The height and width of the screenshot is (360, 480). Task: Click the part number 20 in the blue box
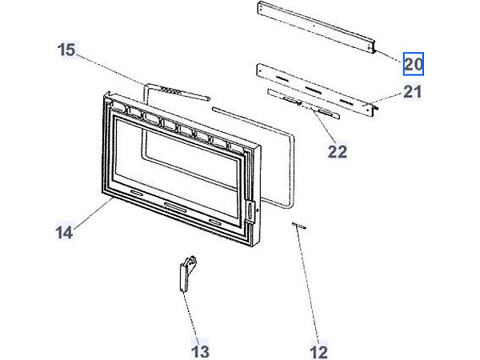413,63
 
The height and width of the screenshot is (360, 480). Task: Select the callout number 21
411,92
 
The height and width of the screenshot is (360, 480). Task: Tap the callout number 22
338,151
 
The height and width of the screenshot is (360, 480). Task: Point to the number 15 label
66,50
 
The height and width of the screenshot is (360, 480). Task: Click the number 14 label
66,233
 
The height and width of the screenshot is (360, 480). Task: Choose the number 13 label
200,350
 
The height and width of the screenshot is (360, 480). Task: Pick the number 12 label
318,350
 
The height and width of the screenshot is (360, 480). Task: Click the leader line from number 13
192,316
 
